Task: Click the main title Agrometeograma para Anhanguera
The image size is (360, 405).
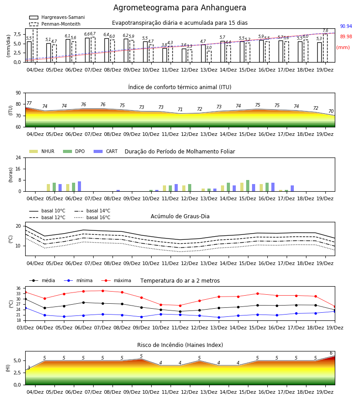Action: tap(180, 8)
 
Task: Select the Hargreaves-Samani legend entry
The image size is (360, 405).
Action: tap(57, 17)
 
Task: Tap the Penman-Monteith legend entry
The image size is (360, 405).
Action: tap(55, 24)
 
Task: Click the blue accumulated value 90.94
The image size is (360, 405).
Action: tap(346, 27)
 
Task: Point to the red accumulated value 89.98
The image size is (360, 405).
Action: tap(346, 37)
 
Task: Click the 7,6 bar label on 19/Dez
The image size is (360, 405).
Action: tap(325, 31)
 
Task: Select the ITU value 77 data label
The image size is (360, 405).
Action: tap(29, 103)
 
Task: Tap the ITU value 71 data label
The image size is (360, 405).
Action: tap(180, 109)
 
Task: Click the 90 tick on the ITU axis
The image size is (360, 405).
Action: tap(18, 93)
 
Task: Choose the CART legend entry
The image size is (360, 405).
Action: tap(106, 151)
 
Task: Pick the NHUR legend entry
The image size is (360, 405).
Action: tap(42, 151)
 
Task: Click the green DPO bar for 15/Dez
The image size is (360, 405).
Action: tap(247, 186)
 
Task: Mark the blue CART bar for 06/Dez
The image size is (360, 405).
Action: tap(80, 186)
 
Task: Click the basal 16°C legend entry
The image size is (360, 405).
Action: tap(92, 217)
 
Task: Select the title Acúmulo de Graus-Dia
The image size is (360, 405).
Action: tap(180, 216)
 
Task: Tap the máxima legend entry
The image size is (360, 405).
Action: tap(116, 280)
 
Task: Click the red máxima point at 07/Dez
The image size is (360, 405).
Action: tap(103, 291)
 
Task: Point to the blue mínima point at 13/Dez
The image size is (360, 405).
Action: tap(219, 317)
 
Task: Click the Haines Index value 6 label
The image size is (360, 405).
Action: tap(331, 353)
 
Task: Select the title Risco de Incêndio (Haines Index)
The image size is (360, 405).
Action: tap(180, 345)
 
